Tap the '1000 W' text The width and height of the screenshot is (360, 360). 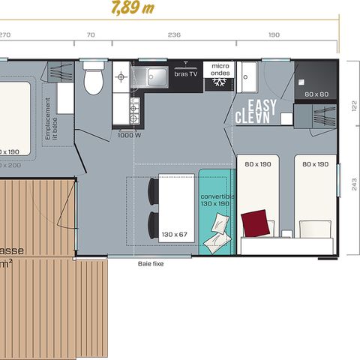(x=128, y=135)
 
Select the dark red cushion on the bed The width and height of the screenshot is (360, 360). (x=256, y=222)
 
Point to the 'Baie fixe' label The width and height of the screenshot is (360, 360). (x=151, y=264)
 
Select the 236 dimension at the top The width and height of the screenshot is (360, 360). (x=173, y=34)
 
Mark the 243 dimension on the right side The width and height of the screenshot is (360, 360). (x=352, y=188)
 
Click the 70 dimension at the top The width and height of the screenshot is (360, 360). (x=91, y=34)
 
